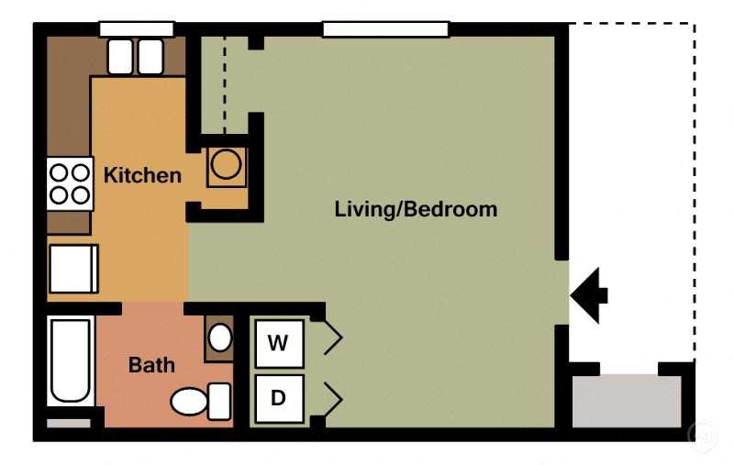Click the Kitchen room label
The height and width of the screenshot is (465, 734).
coord(142,175)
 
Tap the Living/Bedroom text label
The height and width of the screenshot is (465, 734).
coord(416,209)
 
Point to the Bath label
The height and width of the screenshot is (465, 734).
coord(151,365)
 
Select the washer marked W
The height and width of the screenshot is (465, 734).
coord(280,343)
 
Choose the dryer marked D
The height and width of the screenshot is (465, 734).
coord(280,398)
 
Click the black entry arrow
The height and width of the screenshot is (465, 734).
coord(589,295)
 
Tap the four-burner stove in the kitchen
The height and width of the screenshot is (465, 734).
coord(71,183)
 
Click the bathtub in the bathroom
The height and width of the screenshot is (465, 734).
coord(71,360)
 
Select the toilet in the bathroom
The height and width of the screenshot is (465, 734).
coord(201,402)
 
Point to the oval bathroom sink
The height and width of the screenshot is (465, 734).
coord(219,338)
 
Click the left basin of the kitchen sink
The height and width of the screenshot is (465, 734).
coord(121,57)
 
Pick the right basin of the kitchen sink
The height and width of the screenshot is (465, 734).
coord(150,57)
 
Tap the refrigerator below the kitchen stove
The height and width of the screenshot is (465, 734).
coord(73,269)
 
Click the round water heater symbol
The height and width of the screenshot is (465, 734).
coord(226,165)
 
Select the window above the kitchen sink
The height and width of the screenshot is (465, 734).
coord(136,29)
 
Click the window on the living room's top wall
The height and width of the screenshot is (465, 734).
coord(385,29)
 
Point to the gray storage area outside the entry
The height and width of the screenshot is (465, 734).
coord(627,401)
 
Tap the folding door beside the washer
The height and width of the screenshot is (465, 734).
coord(333,337)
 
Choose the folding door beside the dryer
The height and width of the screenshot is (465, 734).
coord(333,399)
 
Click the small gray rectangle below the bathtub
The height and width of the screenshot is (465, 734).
coord(69,424)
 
